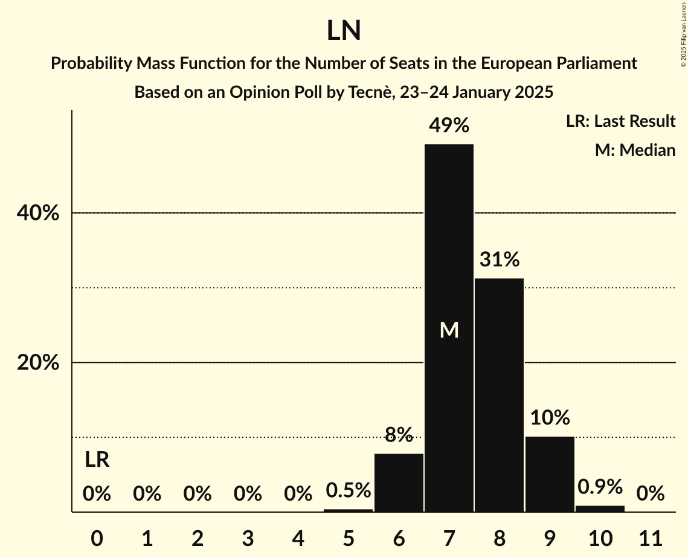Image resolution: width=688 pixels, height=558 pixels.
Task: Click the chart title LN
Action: pyautogui.click(x=344, y=31)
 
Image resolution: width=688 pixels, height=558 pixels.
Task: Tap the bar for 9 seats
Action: pyautogui.click(x=550, y=474)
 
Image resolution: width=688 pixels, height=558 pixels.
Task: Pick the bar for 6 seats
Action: pyautogui.click(x=399, y=483)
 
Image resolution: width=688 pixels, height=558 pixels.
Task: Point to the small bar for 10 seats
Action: pyautogui.click(x=600, y=508)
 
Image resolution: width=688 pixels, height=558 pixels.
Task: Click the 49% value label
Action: pyautogui.click(x=449, y=126)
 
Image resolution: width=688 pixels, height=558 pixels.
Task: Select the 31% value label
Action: pyautogui.click(x=499, y=260)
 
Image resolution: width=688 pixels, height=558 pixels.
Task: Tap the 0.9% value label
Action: pyautogui.click(x=600, y=487)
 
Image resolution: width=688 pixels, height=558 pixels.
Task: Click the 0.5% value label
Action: pyautogui.click(x=349, y=490)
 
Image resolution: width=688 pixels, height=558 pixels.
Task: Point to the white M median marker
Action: pyautogui.click(x=449, y=330)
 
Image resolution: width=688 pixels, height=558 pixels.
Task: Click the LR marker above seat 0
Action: pyautogui.click(x=97, y=460)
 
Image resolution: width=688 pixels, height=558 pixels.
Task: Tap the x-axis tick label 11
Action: pyautogui.click(x=650, y=537)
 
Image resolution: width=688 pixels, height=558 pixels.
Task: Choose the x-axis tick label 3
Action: pyautogui.click(x=248, y=537)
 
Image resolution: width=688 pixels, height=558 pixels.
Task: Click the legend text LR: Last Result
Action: pyautogui.click(x=620, y=121)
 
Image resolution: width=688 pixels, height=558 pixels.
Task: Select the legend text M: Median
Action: pyautogui.click(x=635, y=150)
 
